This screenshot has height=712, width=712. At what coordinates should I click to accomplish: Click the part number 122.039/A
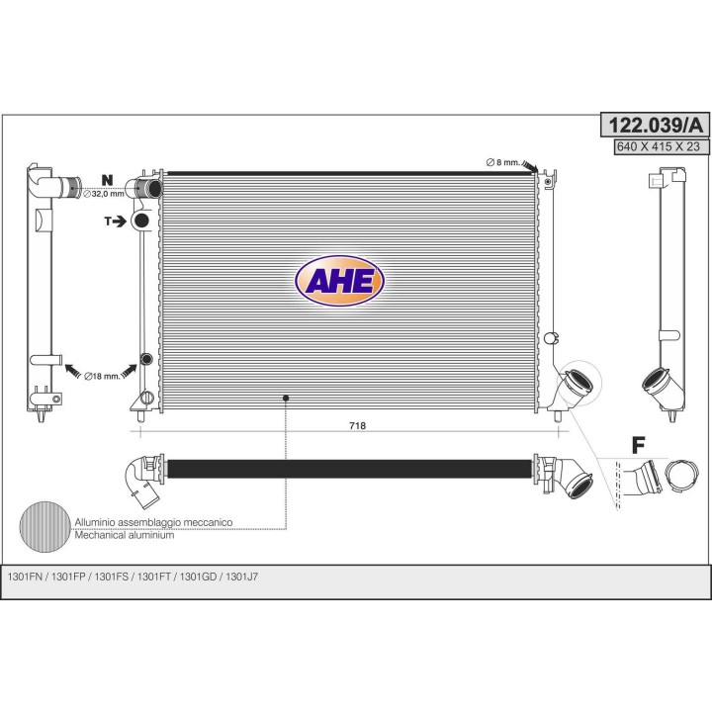point(655,125)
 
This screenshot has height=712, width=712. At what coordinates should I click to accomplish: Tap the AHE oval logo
point(339,281)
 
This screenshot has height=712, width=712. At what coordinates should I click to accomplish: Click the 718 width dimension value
point(357,425)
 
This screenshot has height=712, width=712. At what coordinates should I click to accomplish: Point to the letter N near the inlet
point(107,180)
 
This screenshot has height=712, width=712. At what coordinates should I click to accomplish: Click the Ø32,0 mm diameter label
point(104,194)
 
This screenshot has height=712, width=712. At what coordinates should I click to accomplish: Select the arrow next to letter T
point(120,222)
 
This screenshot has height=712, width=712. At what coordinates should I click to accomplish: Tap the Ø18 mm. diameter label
point(102,376)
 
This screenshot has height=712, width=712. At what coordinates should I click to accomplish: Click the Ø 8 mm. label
point(502,162)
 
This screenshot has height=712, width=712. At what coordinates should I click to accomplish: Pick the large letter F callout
point(639,445)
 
